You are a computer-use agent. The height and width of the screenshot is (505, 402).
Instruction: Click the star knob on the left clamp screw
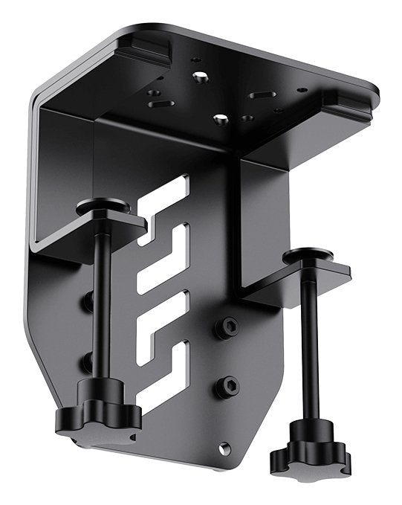tap(98, 414)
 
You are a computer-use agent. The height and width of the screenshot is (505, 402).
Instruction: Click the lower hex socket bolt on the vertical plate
tap(229, 385)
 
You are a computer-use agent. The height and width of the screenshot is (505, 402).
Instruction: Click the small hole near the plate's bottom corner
tap(224, 448)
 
